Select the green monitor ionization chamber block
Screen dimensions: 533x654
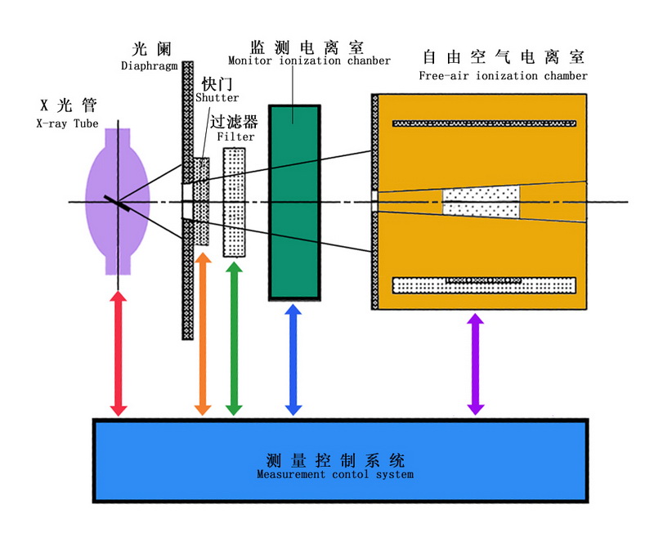[294, 202]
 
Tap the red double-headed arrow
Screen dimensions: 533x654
[119, 354]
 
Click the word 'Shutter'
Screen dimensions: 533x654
[217, 98]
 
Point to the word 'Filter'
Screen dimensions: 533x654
[236, 137]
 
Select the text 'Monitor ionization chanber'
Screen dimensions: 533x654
[309, 60]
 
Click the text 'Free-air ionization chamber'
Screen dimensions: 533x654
[503, 76]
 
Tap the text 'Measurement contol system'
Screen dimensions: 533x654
[335, 474]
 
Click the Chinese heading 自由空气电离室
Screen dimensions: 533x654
[503, 58]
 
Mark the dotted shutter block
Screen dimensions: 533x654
[201, 201]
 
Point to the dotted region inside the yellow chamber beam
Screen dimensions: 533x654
[481, 202]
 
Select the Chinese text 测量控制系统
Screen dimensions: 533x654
[335, 459]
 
